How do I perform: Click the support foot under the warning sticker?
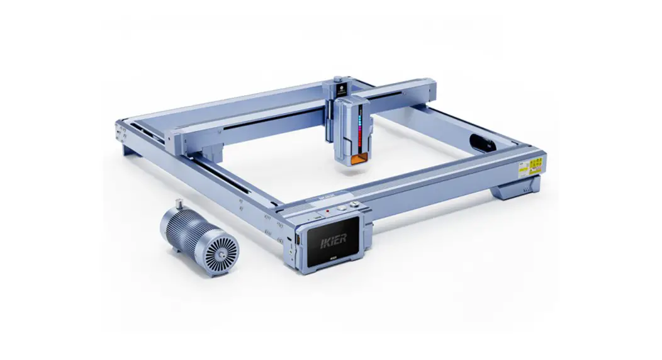tap(517, 187)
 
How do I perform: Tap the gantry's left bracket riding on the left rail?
tap(198, 135)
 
